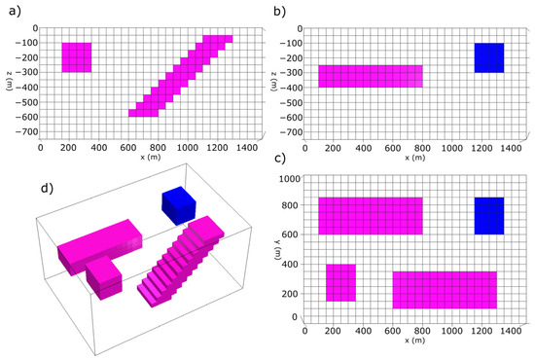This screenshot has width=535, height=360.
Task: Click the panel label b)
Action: pyautogui.click(x=280, y=13)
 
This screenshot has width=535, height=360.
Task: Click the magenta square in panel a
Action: pyautogui.click(x=77, y=57)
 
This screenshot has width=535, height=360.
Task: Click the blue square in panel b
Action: pyautogui.click(x=489, y=57)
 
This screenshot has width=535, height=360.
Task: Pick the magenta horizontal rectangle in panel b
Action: pyautogui.click(x=371, y=76)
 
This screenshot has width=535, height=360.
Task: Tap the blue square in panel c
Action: pyautogui.click(x=489, y=216)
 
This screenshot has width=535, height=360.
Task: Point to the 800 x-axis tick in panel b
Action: pyautogui.click(x=422, y=148)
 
